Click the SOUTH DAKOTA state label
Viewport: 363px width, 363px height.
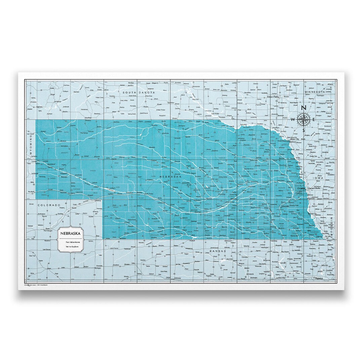click(x=138, y=92)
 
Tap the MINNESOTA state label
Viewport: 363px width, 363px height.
click(x=314, y=92)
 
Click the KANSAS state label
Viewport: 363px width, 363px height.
click(x=217, y=251)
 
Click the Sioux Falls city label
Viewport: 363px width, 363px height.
click(x=273, y=97)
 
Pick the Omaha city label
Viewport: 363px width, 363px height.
click(x=301, y=189)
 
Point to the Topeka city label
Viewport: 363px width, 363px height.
click(x=318, y=279)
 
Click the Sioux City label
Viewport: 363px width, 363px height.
click(x=295, y=139)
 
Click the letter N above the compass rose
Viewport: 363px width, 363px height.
click(x=303, y=108)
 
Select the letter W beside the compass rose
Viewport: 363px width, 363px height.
click(x=292, y=119)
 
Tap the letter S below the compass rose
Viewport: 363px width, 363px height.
click(x=303, y=131)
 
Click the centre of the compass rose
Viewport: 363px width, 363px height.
click(x=304, y=119)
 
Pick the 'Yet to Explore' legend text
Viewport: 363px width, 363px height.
click(x=70, y=247)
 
